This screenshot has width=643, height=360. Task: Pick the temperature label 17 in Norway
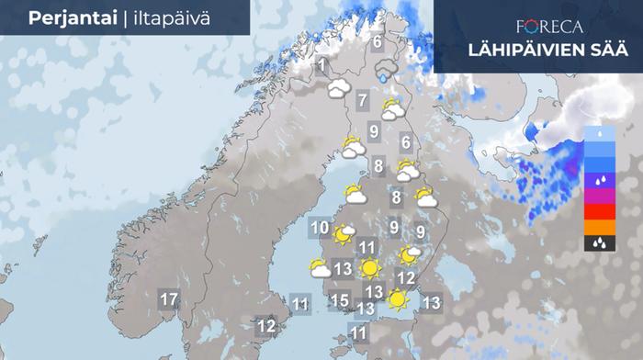click(x=168, y=299)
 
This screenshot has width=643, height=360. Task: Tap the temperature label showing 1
click(x=321, y=65)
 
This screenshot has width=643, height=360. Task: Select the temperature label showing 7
click(x=363, y=101)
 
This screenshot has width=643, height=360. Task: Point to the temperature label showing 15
click(x=339, y=299)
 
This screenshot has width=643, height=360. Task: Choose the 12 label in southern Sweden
click(x=266, y=325)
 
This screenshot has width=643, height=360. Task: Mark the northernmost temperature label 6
click(x=377, y=41)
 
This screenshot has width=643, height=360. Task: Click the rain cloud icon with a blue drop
click(x=386, y=71)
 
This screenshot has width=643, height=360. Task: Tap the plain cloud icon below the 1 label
click(x=339, y=89)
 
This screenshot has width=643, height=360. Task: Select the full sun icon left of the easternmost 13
click(x=398, y=299)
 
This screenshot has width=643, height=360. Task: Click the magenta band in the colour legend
click(x=598, y=196)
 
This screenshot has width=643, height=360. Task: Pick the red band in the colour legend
click(x=598, y=211)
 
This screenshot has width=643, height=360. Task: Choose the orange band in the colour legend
click(x=598, y=228)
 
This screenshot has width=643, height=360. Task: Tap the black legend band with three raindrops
click(x=598, y=243)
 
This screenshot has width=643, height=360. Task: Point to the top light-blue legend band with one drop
click(x=598, y=133)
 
